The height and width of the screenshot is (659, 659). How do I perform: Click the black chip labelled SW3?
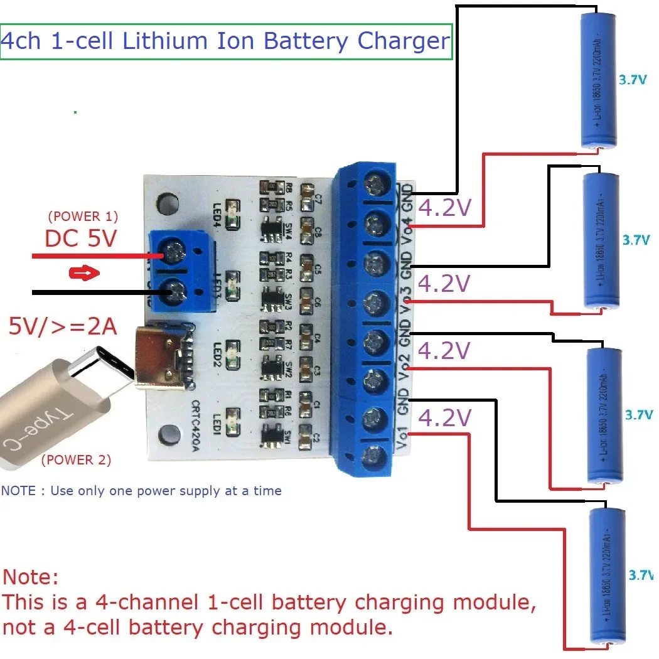(273, 296)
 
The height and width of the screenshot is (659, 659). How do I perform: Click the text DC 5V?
(80, 238)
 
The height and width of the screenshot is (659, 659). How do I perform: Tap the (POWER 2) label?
(76, 460)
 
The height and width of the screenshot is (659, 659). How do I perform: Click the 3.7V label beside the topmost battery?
(632, 80)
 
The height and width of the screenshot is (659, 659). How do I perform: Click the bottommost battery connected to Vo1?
(606, 577)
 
